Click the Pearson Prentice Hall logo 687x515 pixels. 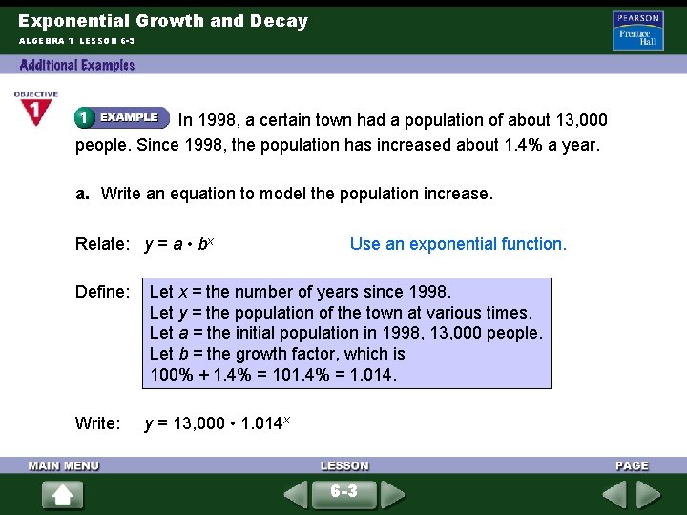pyautogui.click(x=637, y=31)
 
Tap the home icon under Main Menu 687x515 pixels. pyautogui.click(x=62, y=495)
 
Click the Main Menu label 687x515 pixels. pyautogui.click(x=64, y=465)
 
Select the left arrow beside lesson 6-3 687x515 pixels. pyautogui.click(x=296, y=495)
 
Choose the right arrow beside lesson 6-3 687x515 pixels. pyautogui.click(x=392, y=495)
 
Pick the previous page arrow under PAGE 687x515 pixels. pyautogui.click(x=614, y=495)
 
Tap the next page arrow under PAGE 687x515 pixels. pyautogui.click(x=649, y=495)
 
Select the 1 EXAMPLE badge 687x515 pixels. pyautogui.click(x=121, y=117)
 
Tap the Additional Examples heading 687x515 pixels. pyautogui.click(x=77, y=65)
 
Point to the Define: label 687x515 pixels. pyautogui.click(x=102, y=292)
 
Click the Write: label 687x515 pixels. pyautogui.click(x=98, y=422)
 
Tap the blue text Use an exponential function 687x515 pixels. pyautogui.click(x=458, y=244)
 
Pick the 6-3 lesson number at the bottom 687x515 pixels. pyautogui.click(x=343, y=492)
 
